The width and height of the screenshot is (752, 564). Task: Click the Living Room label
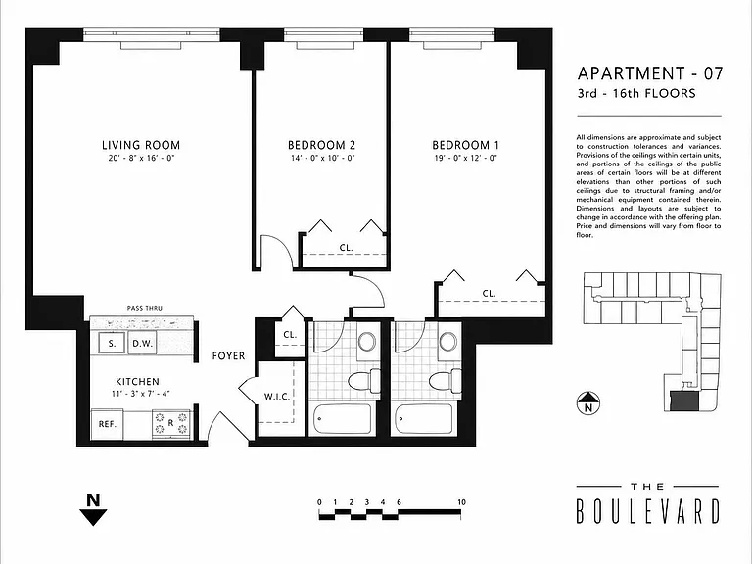141,145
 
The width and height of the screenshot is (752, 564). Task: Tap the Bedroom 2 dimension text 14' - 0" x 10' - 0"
321,159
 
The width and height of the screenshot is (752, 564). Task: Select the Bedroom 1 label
465,145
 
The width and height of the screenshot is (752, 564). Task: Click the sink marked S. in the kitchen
112,344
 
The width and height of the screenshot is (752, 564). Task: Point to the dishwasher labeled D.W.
142,344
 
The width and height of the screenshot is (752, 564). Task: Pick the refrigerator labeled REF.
108,424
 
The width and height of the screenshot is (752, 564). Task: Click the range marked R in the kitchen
171,424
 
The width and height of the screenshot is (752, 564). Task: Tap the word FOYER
228,355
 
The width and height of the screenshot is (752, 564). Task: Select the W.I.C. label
277,397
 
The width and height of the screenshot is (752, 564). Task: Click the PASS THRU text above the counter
144,308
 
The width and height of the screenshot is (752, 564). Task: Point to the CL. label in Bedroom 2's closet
346,248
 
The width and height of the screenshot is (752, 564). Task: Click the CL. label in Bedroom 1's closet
489,294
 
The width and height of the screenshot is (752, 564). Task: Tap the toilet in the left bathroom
363,382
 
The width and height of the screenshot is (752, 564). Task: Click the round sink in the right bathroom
449,341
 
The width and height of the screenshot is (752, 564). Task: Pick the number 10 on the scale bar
461,502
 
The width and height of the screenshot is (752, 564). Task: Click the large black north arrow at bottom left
94,510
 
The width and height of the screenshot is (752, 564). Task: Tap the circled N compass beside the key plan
587,402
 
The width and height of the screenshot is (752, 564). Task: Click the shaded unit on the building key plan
684,400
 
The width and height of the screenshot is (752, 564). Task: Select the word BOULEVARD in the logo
648,511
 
